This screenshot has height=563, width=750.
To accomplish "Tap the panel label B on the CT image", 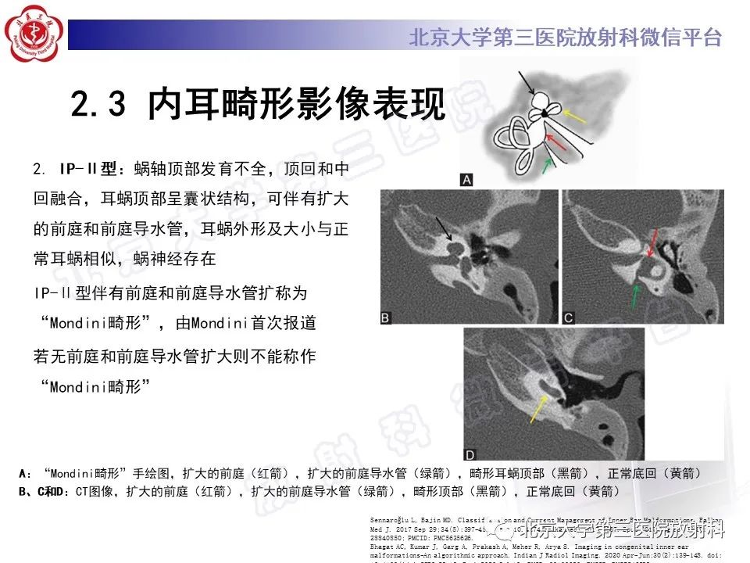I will [x=386, y=317].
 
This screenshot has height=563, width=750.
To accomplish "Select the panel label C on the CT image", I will [x=569, y=317].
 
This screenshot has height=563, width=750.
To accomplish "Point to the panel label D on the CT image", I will [x=470, y=454].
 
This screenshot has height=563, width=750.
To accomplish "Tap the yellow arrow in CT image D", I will [x=538, y=407].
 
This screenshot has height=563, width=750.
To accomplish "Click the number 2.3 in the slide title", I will [x=98, y=105].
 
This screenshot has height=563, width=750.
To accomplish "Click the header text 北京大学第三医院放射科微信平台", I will [x=565, y=38].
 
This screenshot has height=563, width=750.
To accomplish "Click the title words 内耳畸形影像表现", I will [x=295, y=105].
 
